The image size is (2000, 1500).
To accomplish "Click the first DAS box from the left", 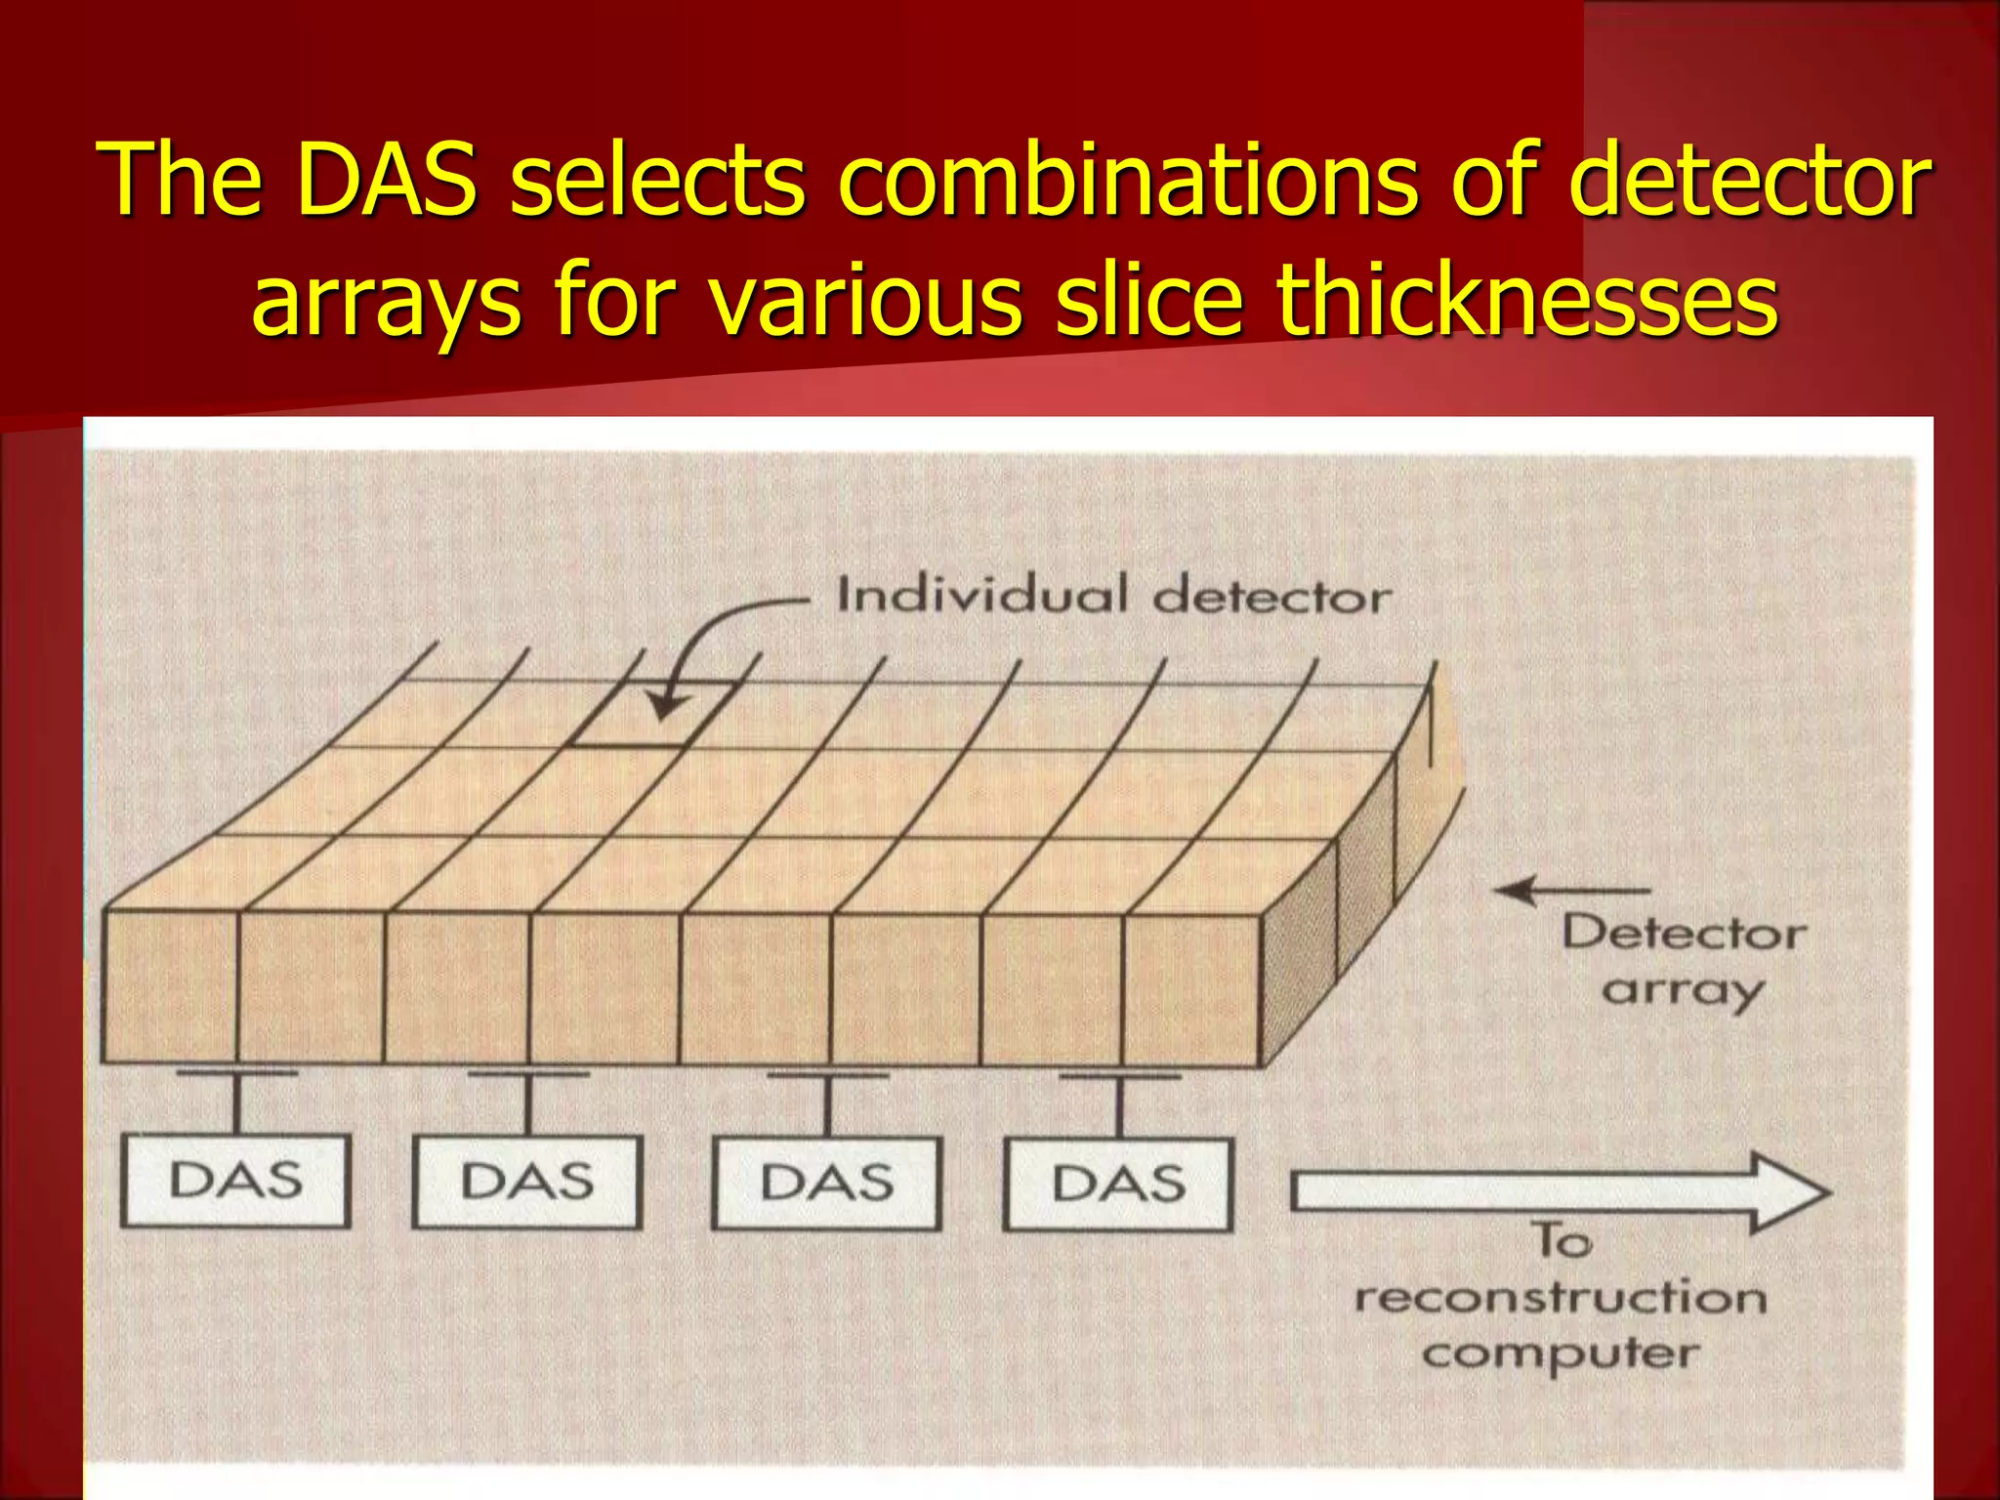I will coord(235,1181).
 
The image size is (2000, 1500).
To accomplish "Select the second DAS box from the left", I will coord(527,1182).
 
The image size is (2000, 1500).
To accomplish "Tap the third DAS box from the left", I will coord(826,1183).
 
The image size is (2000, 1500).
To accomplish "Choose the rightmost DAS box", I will coord(1118,1184).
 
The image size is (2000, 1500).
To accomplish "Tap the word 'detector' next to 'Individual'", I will coord(1271,597).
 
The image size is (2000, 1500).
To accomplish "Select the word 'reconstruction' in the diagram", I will coord(1561,1299).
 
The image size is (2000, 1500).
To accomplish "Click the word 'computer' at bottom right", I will coord(1561,1354).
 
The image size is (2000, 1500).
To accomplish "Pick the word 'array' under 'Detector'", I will coord(1682,991).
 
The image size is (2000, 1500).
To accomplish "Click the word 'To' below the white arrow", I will coord(1563,1241).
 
